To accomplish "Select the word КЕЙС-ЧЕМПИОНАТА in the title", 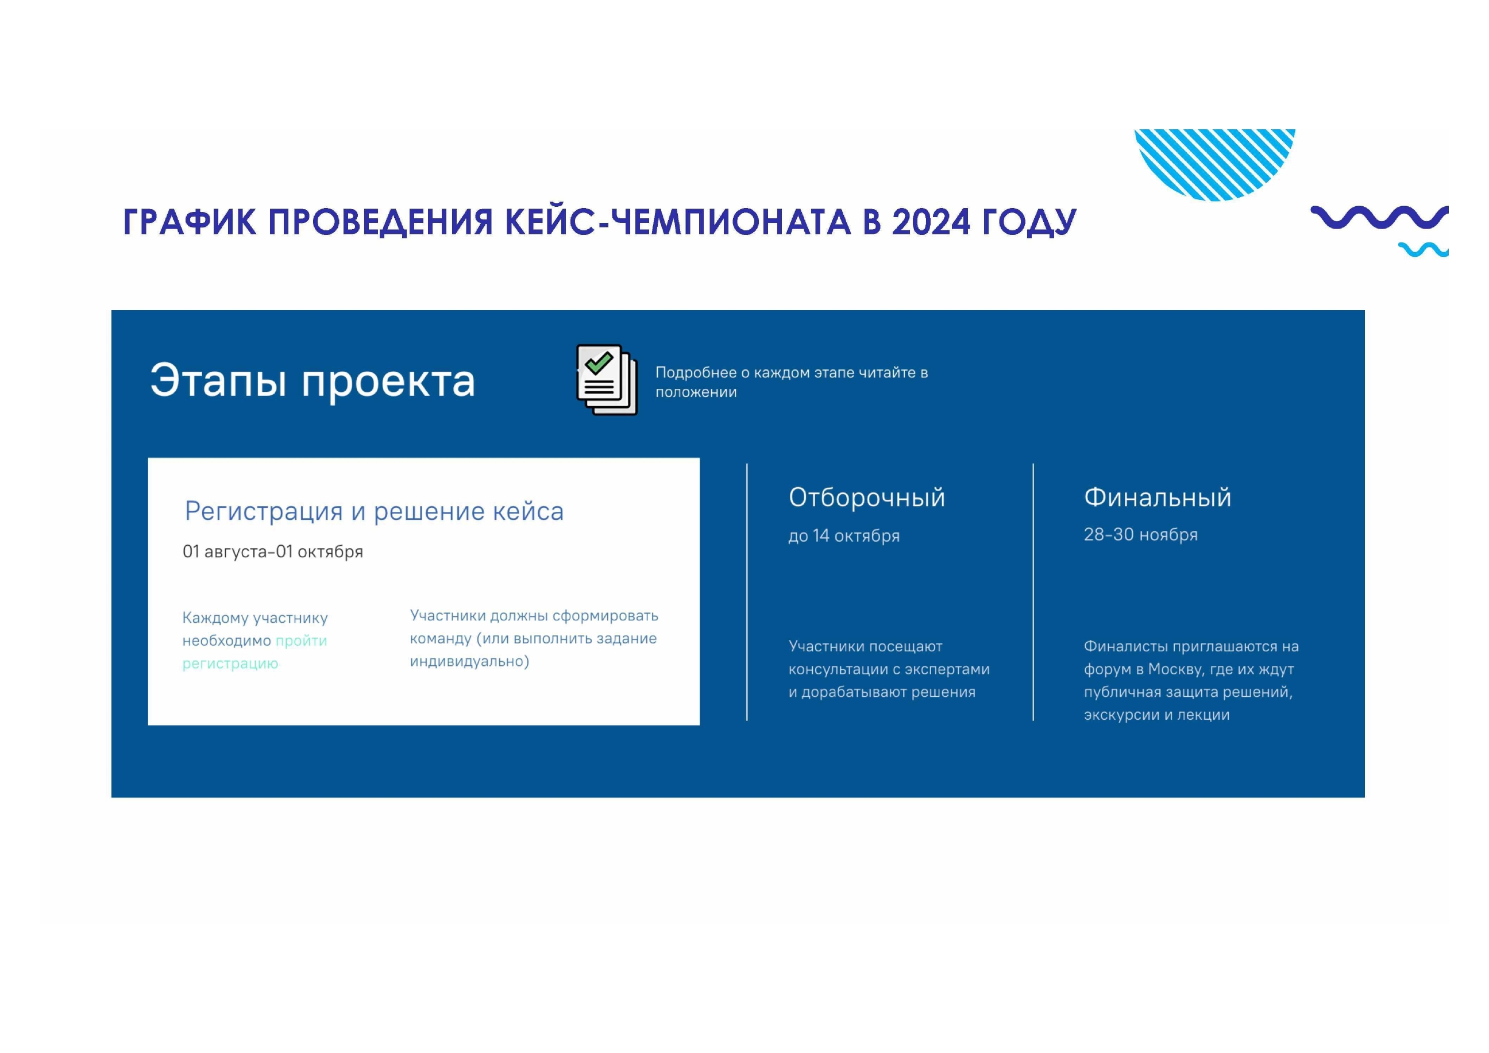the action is tap(678, 222).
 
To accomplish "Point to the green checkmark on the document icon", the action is tap(599, 362).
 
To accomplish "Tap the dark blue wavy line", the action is tap(1379, 217).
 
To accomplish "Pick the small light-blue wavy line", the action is tap(1424, 250).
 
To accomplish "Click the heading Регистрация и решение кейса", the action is tap(374, 512).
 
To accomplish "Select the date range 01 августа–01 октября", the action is tap(272, 552).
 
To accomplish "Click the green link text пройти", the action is tap(301, 641).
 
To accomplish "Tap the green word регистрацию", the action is tap(230, 664).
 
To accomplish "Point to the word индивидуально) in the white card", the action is tap(469, 661).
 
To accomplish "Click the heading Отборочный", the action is tap(867, 498).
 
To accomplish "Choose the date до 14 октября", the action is tap(844, 536).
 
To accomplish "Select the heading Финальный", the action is tap(1158, 497).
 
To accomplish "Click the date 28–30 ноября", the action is tap(1141, 535).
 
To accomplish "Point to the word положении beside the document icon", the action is tap(696, 392).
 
